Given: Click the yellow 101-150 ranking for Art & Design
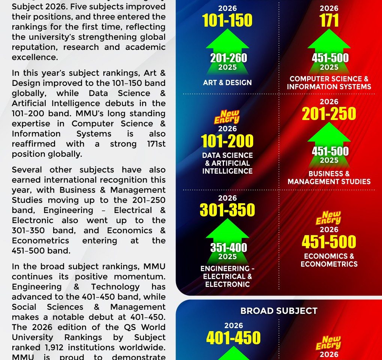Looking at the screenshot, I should point(227,21).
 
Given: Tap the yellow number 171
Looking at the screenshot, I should point(329,21).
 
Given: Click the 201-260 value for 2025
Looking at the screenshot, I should point(228,58).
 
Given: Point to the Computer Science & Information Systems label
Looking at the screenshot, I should point(329,83).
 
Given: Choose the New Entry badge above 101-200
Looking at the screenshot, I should point(227,117).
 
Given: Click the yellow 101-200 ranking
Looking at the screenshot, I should point(227,141).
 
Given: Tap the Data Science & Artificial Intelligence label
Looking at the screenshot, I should point(227,163).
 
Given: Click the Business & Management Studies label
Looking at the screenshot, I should point(329,178).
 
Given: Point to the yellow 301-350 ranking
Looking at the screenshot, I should point(227,210).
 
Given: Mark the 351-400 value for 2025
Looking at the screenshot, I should point(228,247).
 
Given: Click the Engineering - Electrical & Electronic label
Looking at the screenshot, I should point(227,276).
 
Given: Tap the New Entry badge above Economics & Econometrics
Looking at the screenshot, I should point(328,218).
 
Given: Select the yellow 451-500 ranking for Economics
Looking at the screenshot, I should point(329,242).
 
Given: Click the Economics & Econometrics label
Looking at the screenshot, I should point(329,260).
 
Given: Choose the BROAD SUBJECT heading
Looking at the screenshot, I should point(279,311).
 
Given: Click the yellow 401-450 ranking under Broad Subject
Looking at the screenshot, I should point(233,338).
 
